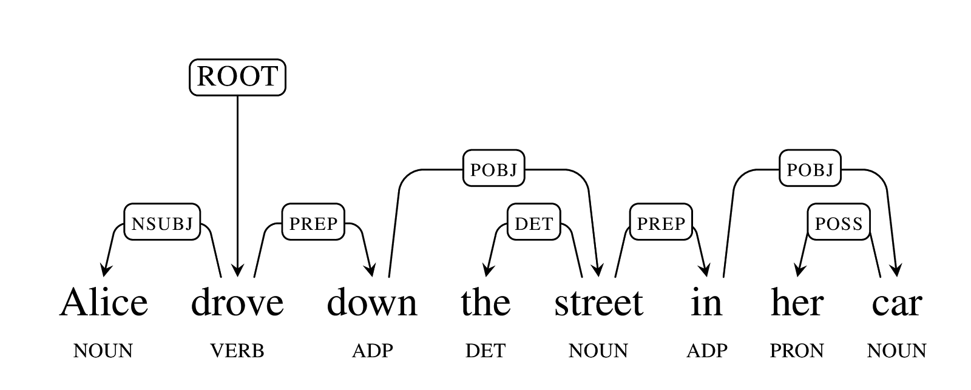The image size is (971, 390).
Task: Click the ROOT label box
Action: pos(237,77)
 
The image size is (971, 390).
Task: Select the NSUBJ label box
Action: pos(162,222)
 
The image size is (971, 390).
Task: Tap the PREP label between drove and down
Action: pos(313,222)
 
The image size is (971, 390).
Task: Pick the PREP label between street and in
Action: pos(661,222)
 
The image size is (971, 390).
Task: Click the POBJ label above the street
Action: pos(494,168)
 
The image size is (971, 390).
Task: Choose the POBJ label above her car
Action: pos(810,168)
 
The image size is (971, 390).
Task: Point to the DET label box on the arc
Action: pos(534,222)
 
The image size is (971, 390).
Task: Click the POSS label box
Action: pos(839,222)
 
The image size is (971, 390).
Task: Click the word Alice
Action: pos(104,302)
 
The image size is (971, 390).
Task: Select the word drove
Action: pos(237,302)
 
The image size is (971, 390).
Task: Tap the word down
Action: pos(372,302)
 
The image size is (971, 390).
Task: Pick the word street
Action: pos(598,303)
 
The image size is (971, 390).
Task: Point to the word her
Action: pos(797,302)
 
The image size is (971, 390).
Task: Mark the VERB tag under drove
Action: pos(237,351)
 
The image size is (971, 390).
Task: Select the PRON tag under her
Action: pos(797,351)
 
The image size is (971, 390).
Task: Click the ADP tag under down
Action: pos(373,351)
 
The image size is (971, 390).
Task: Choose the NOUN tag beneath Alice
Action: pos(103,351)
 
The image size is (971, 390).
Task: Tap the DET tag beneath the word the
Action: pos(486,351)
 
